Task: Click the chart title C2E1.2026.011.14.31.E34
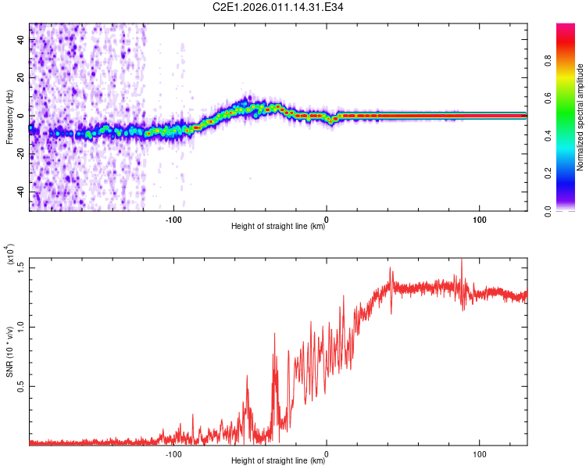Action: [277, 7]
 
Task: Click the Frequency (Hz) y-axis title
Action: [9, 117]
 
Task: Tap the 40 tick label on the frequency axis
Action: [21, 39]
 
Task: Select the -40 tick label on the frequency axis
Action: [21, 192]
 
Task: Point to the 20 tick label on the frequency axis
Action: [21, 77]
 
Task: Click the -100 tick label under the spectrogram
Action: [173, 220]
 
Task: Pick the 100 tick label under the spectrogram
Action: [480, 220]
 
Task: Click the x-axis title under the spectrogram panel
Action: [278, 226]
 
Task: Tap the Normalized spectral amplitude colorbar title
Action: [580, 117]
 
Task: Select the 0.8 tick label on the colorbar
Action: [548, 60]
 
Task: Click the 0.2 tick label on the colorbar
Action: [548, 174]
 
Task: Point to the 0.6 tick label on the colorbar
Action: [548, 98]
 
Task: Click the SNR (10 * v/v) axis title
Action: [9, 352]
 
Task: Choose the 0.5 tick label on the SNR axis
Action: [21, 386]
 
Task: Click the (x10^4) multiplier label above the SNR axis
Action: [10, 254]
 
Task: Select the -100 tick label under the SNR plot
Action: [173, 454]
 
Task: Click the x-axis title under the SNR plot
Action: [278, 460]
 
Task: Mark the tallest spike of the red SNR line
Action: [462, 260]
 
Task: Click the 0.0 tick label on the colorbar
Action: [548, 211]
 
